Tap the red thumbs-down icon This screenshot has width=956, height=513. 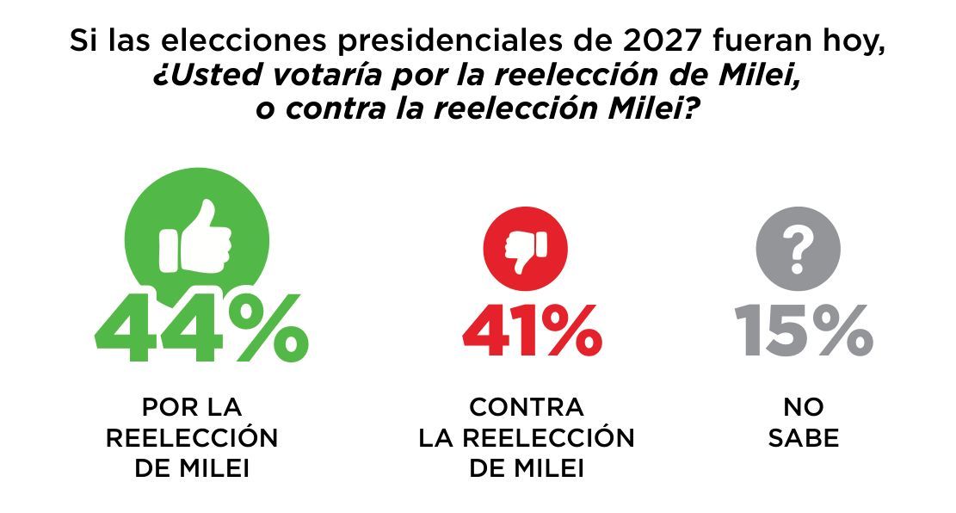point(526,248)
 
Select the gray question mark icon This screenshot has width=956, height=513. point(798,248)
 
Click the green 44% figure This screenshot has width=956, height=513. point(202,328)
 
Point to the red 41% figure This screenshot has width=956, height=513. point(533,331)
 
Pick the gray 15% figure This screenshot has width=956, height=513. point(804,331)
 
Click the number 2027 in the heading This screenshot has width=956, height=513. point(661,40)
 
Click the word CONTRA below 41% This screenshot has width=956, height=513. point(527,407)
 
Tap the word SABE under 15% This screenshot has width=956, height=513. point(804,438)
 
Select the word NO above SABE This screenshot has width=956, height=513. point(804,407)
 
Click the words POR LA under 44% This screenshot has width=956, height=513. point(192,407)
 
